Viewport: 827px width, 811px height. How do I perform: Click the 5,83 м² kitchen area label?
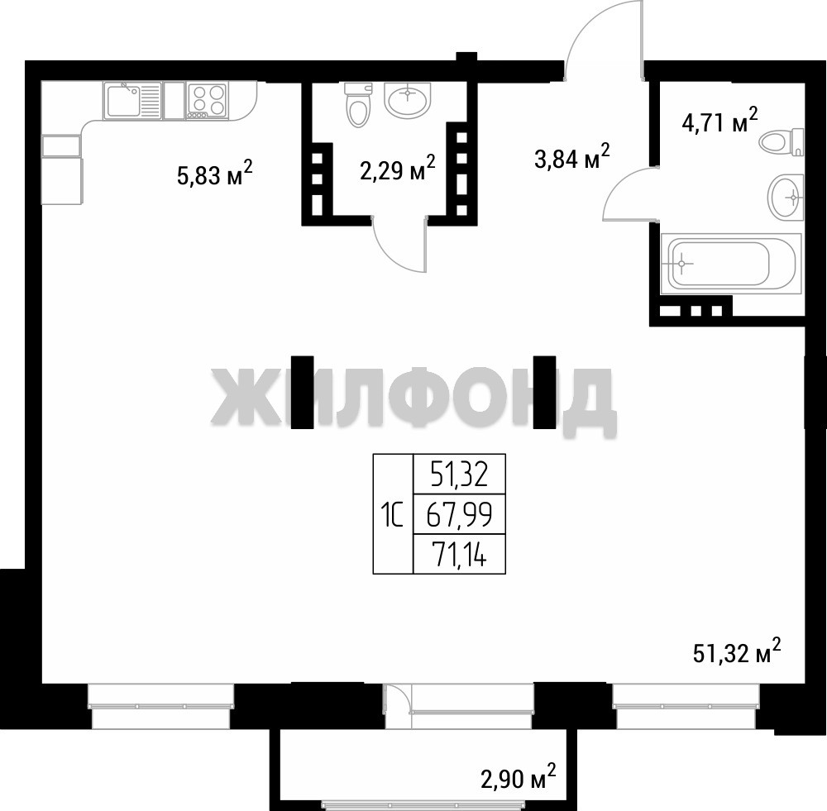coord(215,174)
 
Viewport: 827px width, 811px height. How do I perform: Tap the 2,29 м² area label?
coord(398,168)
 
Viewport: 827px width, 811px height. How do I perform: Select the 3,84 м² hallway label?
coord(572,156)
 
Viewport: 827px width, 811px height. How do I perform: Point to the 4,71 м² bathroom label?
coord(720,121)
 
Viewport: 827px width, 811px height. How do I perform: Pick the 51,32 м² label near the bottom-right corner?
coord(737,651)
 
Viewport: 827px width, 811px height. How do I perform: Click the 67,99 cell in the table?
coord(459,515)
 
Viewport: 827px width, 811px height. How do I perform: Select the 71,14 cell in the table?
coord(459,554)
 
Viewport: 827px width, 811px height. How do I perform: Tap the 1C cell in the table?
coord(393,514)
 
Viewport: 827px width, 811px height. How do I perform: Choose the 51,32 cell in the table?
coord(459,474)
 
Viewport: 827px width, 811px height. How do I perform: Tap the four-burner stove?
coord(207,100)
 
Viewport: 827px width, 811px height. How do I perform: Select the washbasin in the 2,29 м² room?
coord(407,99)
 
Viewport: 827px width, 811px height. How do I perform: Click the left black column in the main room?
coord(303,392)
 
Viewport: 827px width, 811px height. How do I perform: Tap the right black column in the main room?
coord(544,392)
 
